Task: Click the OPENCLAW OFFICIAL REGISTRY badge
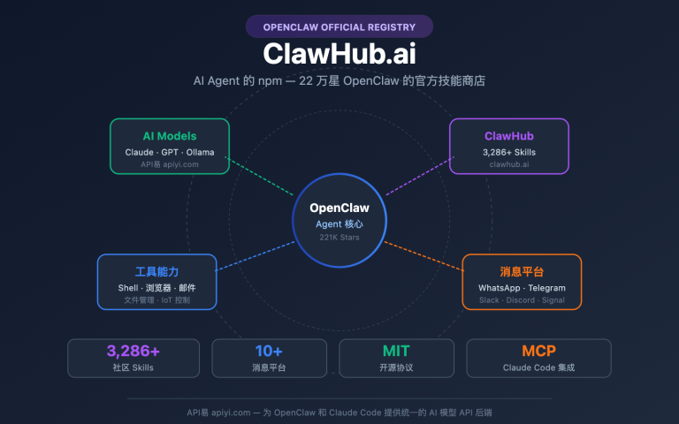tap(339, 26)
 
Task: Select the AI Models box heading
tap(169, 136)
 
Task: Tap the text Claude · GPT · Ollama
tap(169, 152)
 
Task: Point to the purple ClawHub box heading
tap(509, 136)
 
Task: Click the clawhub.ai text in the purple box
tap(509, 164)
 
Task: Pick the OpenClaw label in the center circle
tap(339, 208)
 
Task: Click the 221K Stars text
tap(339, 238)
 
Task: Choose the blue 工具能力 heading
tap(157, 271)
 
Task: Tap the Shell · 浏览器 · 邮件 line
tap(157, 288)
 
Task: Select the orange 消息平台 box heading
tap(522, 271)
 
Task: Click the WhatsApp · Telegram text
tap(522, 288)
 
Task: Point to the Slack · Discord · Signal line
tap(522, 300)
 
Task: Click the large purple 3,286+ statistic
tap(133, 351)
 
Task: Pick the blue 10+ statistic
tap(269, 351)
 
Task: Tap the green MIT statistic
tap(396, 351)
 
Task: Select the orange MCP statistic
tap(538, 351)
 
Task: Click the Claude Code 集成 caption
tap(538, 367)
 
